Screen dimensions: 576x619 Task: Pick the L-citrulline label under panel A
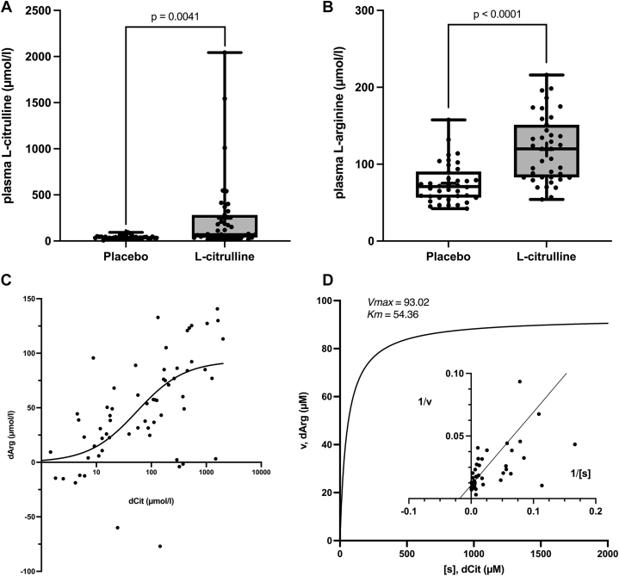coord(223,257)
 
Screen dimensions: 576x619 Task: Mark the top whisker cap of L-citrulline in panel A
coord(223,53)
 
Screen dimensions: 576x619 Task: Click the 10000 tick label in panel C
coord(261,473)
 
